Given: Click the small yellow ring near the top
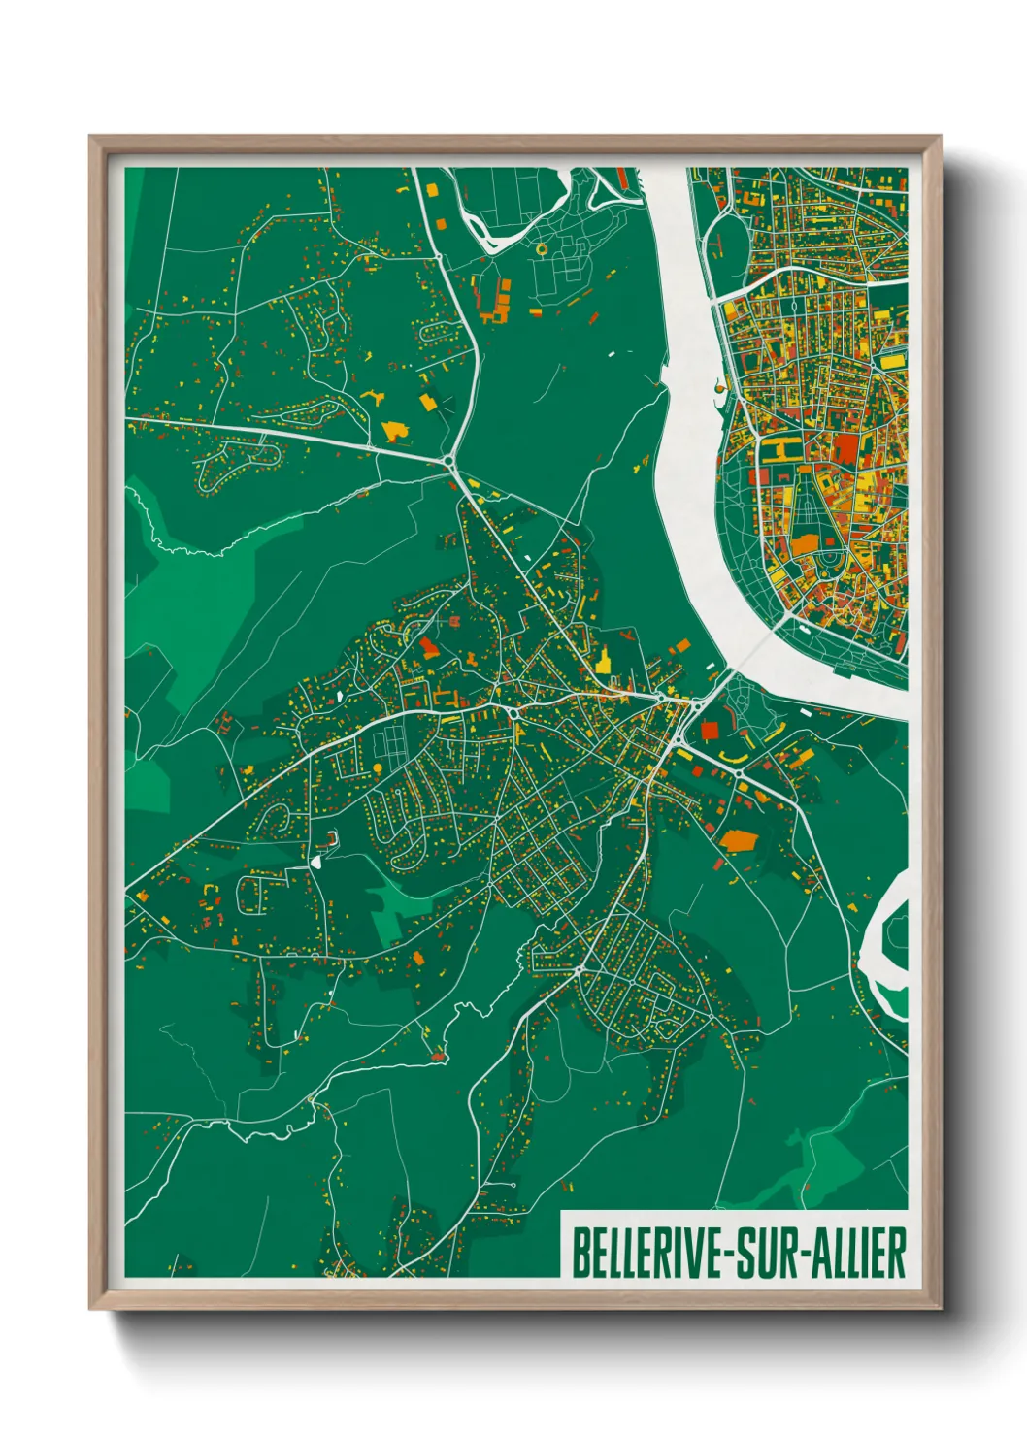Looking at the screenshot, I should pos(541,249).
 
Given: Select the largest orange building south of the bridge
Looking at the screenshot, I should pos(741,839).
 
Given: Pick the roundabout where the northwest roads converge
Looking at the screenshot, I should pos(450,460).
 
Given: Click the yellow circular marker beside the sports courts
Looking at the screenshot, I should pos(377,768).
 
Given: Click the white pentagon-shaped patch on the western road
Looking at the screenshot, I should pos(317,860).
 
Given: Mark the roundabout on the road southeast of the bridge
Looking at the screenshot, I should pos(739,773).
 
